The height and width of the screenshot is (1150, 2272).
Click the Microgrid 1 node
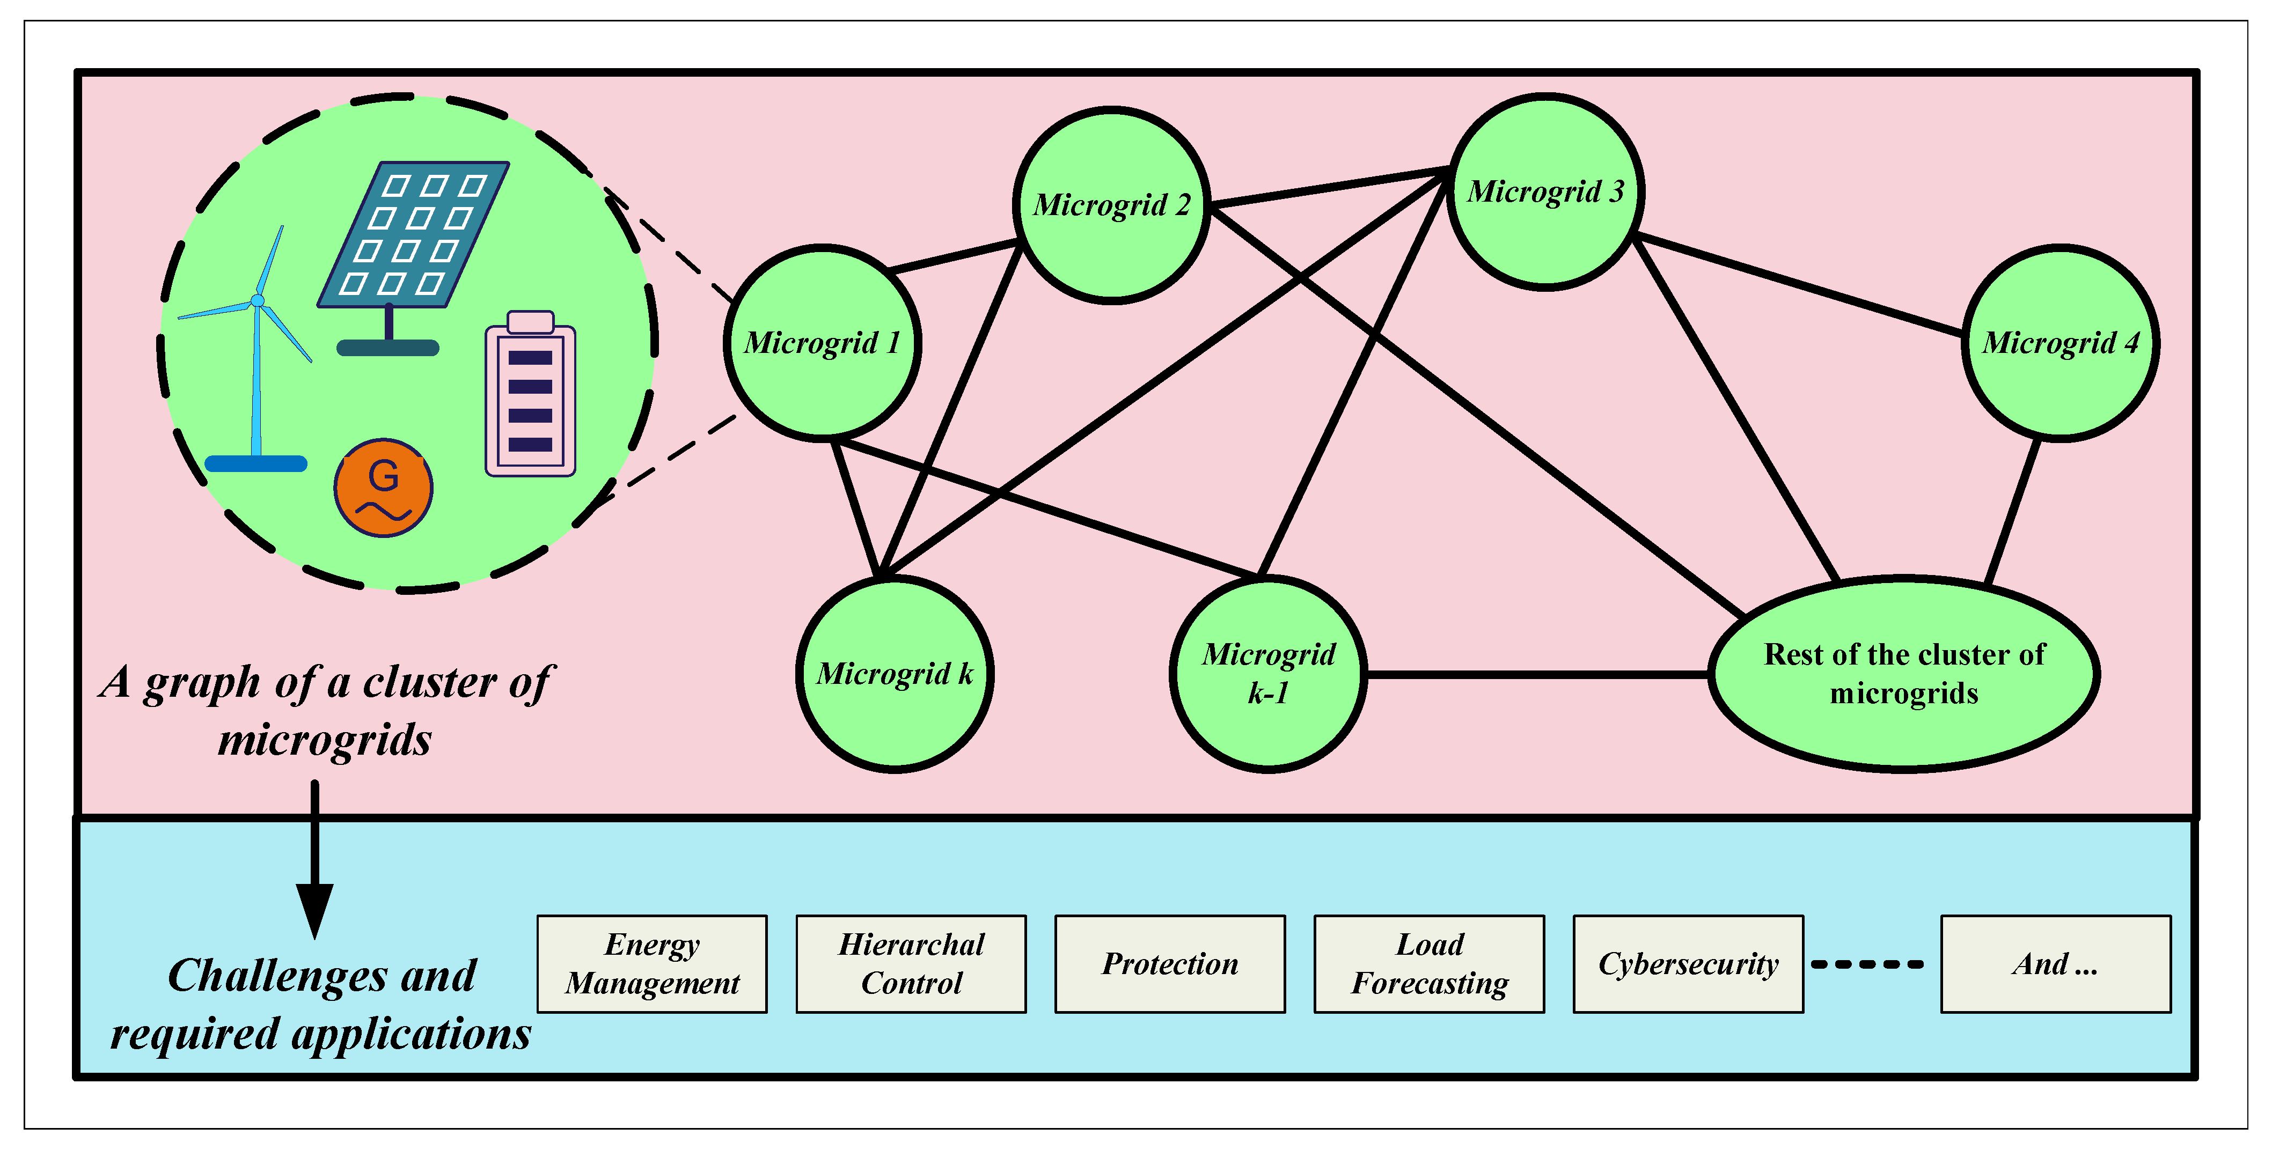[x=822, y=342]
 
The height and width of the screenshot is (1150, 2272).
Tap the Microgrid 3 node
[x=1545, y=191]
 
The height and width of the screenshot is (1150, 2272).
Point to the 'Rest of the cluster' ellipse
[x=1903, y=675]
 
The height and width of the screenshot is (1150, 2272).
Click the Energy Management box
[x=652, y=964]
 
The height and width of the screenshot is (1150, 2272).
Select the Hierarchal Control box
[x=911, y=964]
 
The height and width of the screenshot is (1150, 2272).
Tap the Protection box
[x=1169, y=964]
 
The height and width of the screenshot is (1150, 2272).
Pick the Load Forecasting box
[x=1429, y=964]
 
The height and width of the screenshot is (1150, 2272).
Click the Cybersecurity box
[x=1688, y=964]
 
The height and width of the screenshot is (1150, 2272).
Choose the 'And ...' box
[x=2055, y=964]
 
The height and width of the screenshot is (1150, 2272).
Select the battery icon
[x=530, y=394]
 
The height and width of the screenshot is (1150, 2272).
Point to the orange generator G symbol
[x=383, y=488]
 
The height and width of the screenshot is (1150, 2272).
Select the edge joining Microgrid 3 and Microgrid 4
[x=1799, y=286]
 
